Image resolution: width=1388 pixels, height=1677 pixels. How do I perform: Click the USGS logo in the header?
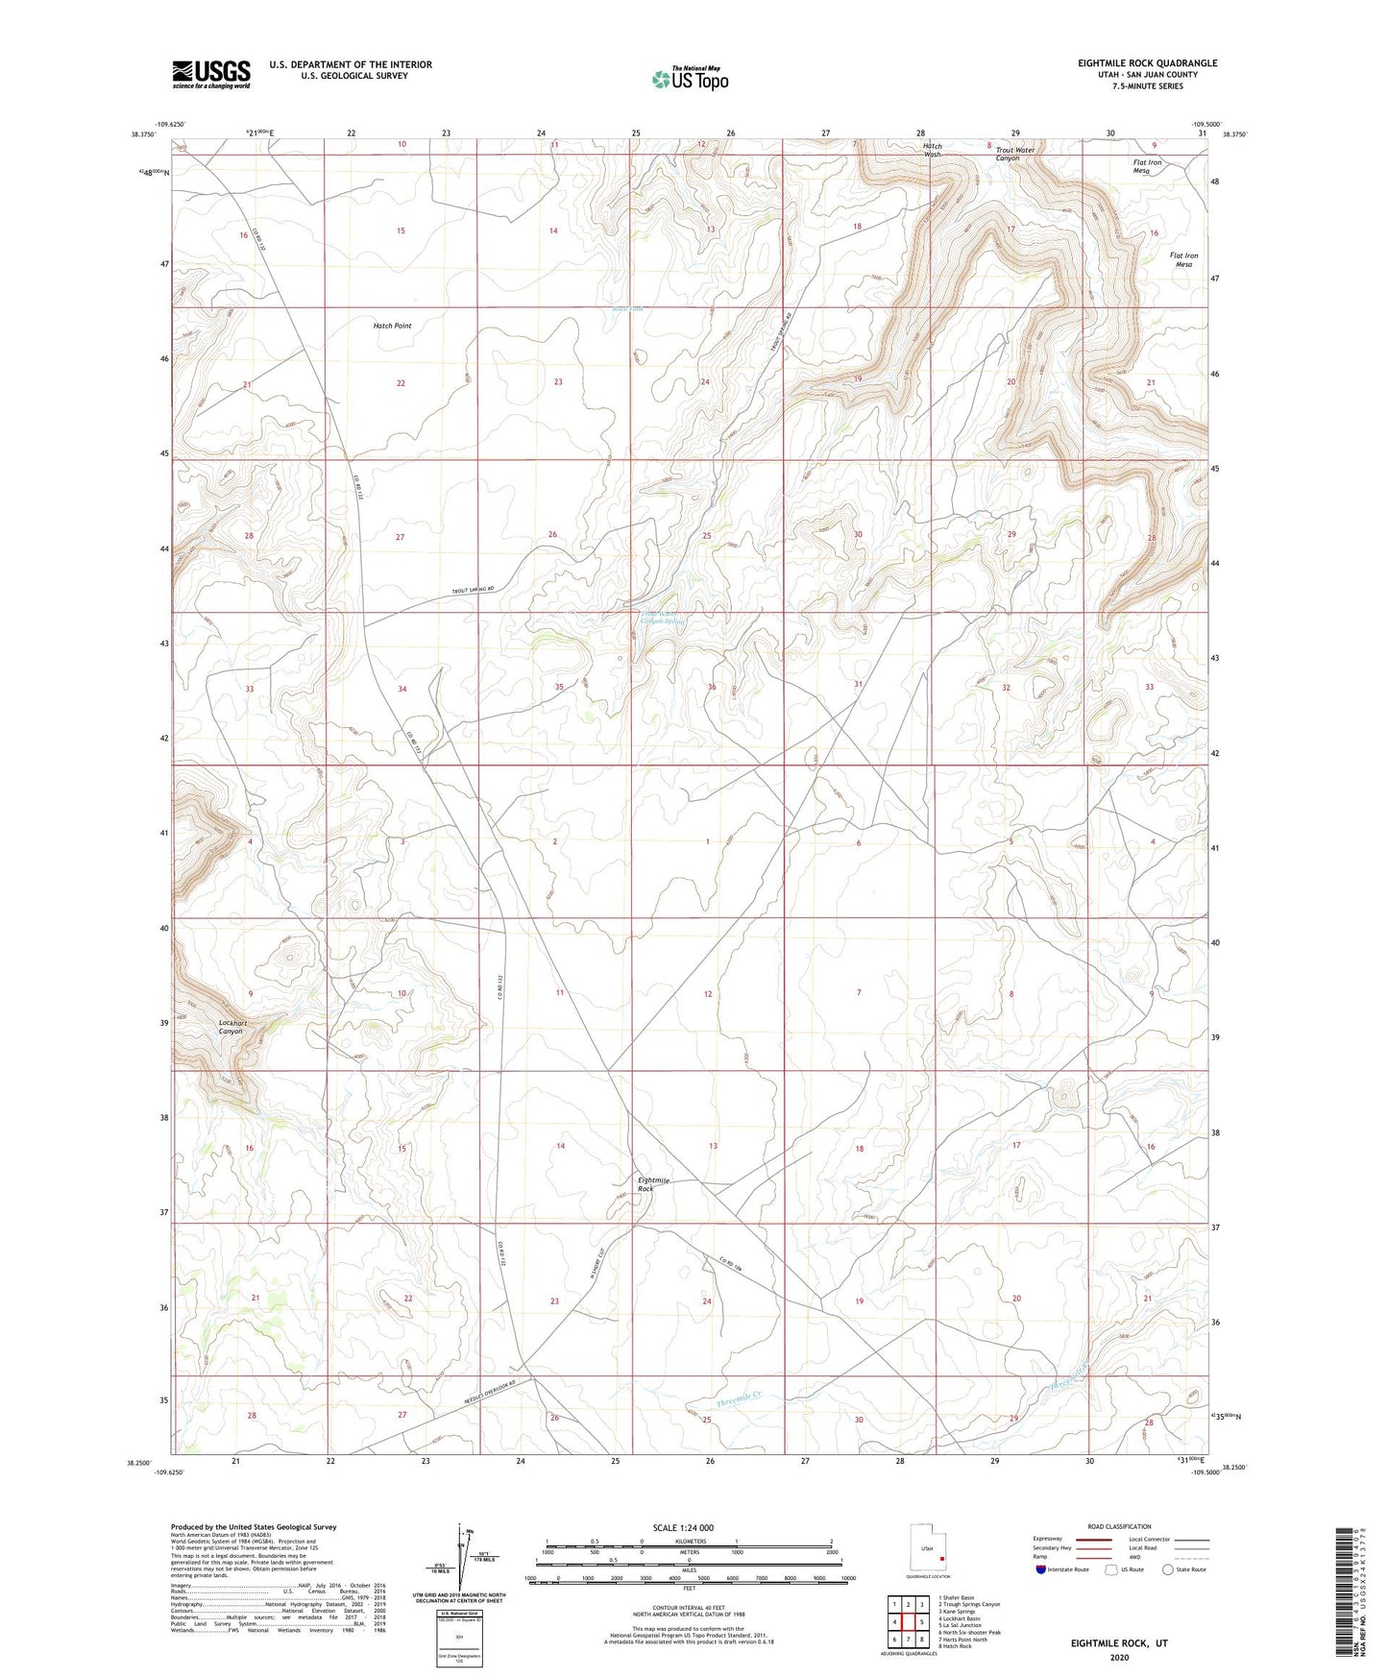tap(211, 74)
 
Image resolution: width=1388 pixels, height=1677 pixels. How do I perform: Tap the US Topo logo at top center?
tap(689, 78)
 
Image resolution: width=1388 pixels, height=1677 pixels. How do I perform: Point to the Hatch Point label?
tap(392, 326)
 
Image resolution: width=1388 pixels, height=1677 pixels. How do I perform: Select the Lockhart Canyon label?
tap(232, 1027)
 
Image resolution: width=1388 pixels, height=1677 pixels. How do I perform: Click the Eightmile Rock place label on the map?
tap(645, 1183)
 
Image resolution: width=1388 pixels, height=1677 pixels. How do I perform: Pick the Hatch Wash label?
tap(932, 150)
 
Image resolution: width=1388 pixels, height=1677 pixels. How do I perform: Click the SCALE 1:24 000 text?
tap(683, 1527)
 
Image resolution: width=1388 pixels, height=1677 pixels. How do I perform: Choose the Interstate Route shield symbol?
tap(1041, 1569)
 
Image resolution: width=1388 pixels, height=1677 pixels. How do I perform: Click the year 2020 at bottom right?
tap(1119, 1657)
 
